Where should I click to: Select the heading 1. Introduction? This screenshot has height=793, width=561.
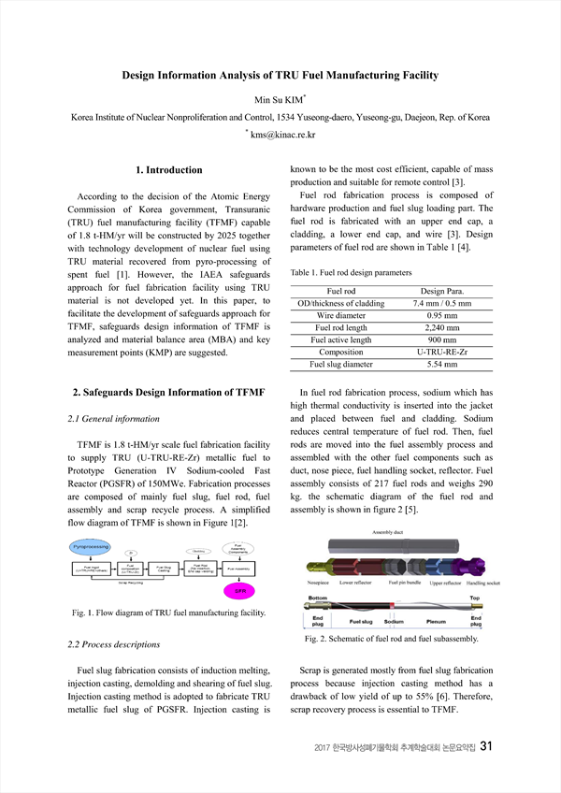(168, 169)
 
